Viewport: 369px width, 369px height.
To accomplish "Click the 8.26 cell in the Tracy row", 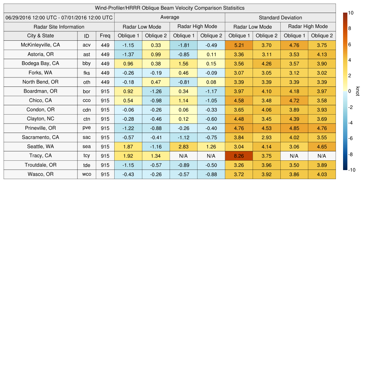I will tap(239, 156).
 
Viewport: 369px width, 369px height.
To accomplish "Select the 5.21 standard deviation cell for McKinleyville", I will tap(239, 45).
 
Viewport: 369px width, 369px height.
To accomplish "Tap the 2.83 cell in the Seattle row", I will tap(183, 147).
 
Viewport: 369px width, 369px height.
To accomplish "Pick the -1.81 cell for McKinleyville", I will tap(183, 45).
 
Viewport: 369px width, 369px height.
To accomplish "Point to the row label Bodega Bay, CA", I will tap(40, 63).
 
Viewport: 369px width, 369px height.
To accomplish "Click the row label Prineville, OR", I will tap(40, 128).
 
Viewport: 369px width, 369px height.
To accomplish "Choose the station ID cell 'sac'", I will tap(86, 137).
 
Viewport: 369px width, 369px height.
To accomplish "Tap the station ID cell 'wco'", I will tap(86, 174).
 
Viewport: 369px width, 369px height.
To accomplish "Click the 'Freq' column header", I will tap(105, 36).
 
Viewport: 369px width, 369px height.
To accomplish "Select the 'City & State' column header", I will tap(40, 36).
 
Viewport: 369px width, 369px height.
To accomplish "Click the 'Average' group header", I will tap(170, 17).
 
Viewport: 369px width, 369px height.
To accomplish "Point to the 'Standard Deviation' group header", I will tap(280, 18).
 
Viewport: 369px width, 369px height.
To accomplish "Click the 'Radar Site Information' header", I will tap(59, 27).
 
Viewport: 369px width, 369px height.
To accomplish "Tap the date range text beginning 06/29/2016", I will tap(59, 17).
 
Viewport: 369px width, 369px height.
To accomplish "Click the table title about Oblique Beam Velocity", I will tap(170, 8).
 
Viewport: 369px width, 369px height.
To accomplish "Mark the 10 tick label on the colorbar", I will tap(351, 13).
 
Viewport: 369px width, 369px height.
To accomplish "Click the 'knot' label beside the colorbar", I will tap(357, 92).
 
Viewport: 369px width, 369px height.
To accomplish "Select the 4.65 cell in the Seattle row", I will tap(322, 147).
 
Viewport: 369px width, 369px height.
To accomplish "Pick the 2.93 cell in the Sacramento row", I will tap(267, 137).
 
